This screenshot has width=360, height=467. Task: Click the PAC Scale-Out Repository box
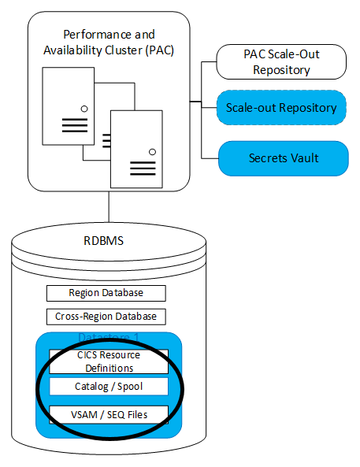(281, 61)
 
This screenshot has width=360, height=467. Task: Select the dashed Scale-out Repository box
(281, 108)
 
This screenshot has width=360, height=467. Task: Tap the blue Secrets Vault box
(283, 158)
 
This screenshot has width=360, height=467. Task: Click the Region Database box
(106, 293)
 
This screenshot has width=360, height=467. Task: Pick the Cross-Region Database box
(106, 317)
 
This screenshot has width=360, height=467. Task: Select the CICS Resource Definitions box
(108, 361)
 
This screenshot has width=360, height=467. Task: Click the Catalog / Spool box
(108, 387)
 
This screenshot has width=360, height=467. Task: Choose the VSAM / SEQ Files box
(108, 413)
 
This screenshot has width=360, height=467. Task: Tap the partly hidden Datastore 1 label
(108, 338)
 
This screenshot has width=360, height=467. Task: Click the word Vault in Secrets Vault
(303, 158)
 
